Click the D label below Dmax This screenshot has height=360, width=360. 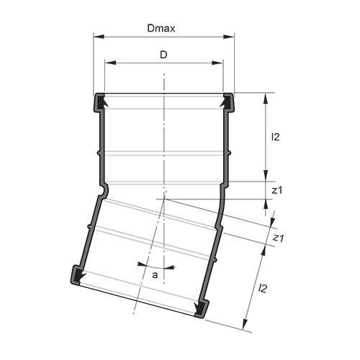click(x=163, y=55)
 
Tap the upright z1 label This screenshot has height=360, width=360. click(x=277, y=190)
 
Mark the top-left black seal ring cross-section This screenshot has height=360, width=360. click(x=99, y=102)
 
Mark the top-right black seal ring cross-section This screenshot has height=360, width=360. click(x=228, y=102)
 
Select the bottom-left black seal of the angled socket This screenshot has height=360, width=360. click(x=76, y=275)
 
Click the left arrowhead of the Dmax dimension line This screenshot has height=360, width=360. click(x=96, y=35)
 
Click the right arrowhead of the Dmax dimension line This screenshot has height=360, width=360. click(x=232, y=35)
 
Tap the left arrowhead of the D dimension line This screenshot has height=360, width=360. click(x=108, y=63)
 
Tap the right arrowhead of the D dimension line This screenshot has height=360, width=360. click(x=220, y=63)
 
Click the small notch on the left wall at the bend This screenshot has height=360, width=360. click(x=104, y=189)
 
